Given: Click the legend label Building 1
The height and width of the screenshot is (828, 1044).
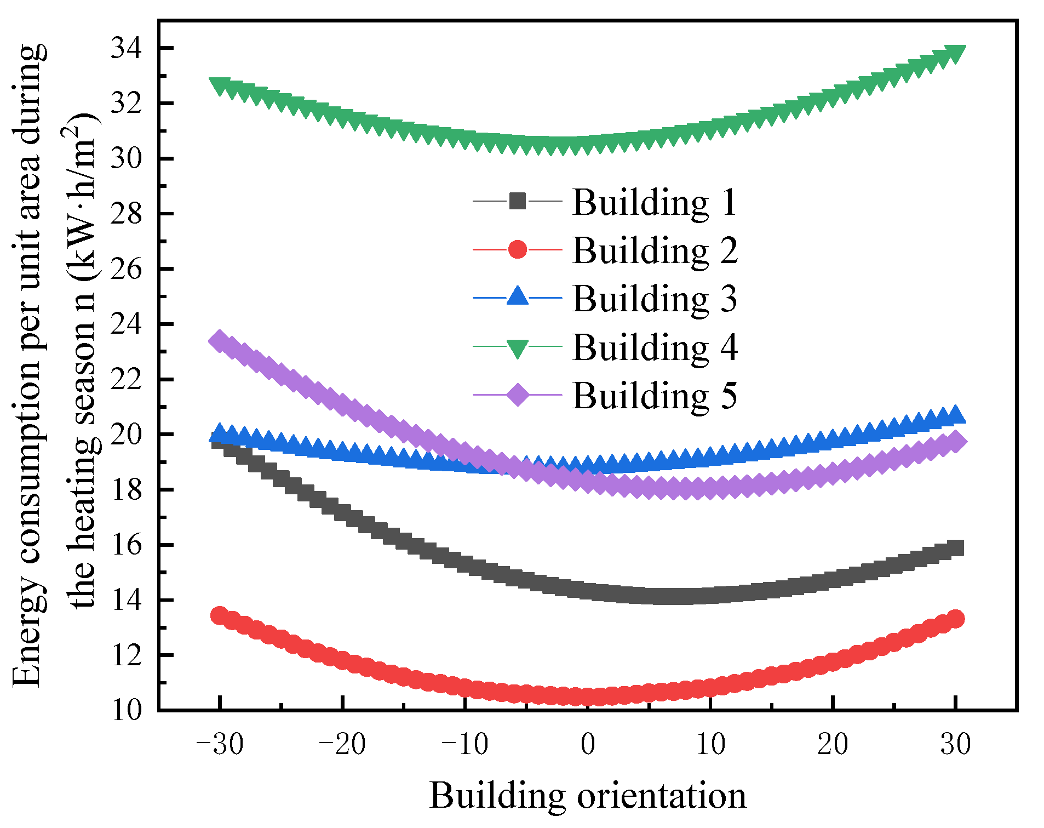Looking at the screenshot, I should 655,202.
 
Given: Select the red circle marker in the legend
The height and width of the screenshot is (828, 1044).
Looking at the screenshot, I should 518,249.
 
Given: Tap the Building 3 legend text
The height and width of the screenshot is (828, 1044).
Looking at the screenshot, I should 655,299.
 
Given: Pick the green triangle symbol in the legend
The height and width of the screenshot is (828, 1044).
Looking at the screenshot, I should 518,347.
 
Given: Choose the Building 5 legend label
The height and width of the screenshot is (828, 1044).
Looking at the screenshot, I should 655,396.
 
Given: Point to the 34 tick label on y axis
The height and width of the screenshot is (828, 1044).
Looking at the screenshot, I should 126,48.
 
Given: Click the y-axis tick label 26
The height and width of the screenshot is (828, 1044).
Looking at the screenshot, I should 126,269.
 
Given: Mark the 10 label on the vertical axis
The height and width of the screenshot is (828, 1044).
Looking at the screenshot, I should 126,710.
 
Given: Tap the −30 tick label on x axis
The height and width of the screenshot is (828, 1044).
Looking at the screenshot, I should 220,745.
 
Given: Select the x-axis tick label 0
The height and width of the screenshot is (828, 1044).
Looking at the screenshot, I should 588,745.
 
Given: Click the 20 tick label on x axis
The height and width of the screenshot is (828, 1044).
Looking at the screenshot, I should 833,745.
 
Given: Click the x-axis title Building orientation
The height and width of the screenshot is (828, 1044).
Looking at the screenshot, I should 588,796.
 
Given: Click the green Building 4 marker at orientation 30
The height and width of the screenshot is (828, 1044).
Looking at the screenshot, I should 956,54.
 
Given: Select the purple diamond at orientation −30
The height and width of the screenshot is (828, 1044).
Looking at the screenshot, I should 220,341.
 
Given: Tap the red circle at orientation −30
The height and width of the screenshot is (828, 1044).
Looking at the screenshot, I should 220,615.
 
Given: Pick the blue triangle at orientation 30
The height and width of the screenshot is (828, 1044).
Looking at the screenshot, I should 956,415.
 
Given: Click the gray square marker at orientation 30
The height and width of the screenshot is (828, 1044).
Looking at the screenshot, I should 956,548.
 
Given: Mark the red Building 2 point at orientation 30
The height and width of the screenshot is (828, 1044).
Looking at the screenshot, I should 956,619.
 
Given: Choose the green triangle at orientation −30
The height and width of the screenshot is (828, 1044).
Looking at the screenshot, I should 220,85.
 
